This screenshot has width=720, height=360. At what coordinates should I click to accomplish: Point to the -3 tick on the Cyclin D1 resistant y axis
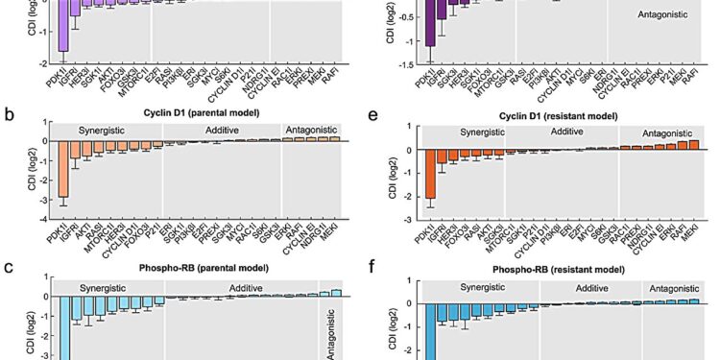pyautogui.click(x=411, y=221)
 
